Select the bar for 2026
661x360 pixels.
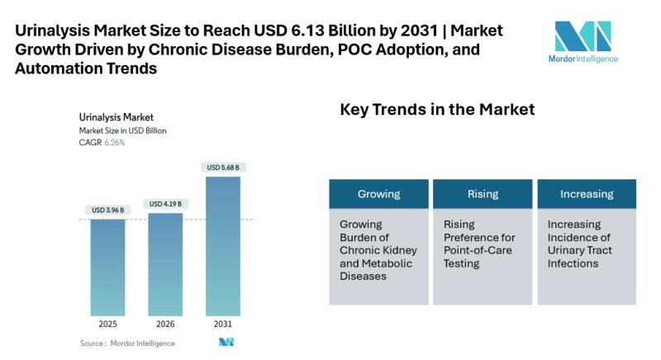point(165,264)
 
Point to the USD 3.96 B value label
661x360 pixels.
point(108,210)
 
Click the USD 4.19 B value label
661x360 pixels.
point(165,203)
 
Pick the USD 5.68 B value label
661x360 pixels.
point(223,168)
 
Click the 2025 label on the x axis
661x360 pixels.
point(108,324)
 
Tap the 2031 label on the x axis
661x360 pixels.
point(223,324)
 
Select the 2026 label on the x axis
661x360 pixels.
point(165,324)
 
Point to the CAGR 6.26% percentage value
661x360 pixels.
point(115,143)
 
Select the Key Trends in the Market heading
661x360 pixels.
point(438,110)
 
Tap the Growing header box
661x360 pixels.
point(379,194)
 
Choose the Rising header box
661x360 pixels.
point(483,194)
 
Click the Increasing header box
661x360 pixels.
point(587,194)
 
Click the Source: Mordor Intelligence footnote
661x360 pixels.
point(127,343)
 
